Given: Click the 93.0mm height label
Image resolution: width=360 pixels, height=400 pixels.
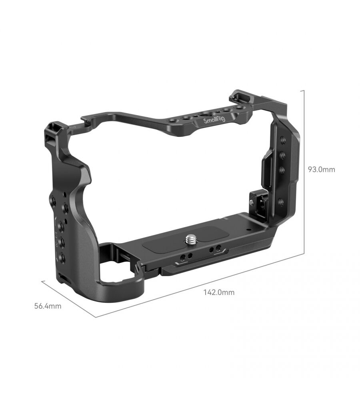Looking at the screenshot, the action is coord(321,169).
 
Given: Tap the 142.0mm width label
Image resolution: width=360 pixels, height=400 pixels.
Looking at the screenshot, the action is coord(219,292).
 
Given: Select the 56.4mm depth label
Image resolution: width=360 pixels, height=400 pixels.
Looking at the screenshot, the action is coord(48,306).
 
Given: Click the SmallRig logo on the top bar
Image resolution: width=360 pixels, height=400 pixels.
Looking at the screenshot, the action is coord(214,120).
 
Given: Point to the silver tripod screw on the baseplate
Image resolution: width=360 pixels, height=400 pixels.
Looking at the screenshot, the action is coord(190,239).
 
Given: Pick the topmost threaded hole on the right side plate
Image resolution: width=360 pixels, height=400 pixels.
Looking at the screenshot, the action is coord(282,140).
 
